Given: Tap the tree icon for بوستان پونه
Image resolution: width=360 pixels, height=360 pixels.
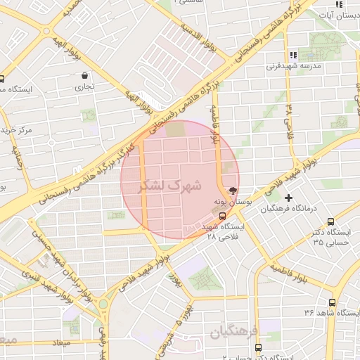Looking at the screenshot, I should tap(233, 190).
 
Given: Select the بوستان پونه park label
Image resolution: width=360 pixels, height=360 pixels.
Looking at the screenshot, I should tap(229, 202).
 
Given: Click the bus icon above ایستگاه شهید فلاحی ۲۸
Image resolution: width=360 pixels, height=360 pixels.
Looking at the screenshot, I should tap(214, 217).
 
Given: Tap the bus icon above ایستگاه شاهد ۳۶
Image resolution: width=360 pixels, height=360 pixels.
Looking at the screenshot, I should tap(332, 302).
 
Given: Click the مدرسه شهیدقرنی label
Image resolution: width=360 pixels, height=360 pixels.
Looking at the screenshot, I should tap(292, 67).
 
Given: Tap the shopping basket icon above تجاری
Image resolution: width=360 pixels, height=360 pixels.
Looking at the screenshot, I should tap(84, 75).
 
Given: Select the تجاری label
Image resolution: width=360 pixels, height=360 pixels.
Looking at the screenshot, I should tap(84, 88).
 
